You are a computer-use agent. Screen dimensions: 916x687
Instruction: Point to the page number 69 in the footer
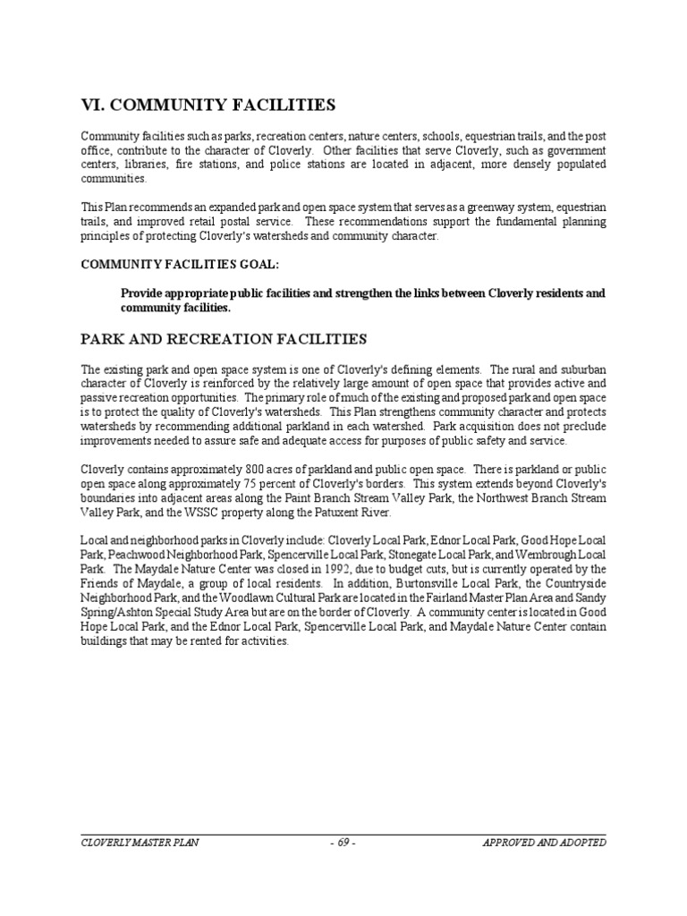(343, 843)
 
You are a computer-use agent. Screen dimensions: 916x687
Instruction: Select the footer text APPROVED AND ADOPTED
(544, 843)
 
